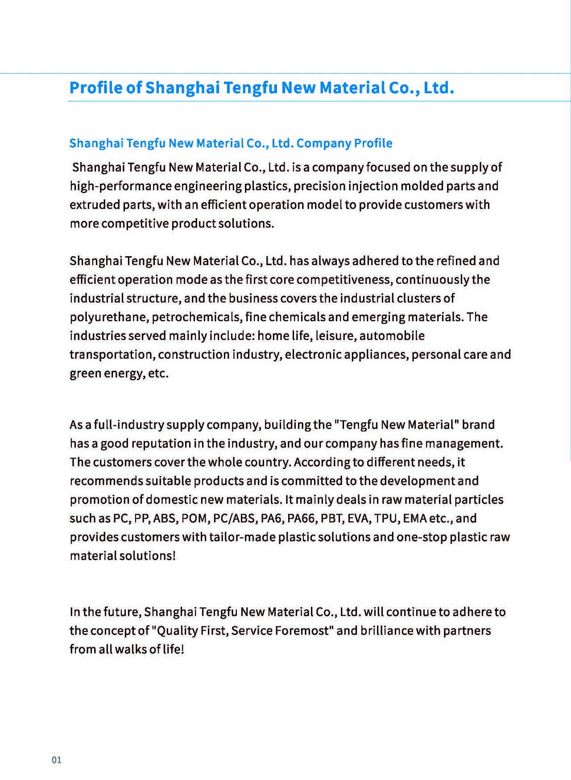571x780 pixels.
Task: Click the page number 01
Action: tap(57, 760)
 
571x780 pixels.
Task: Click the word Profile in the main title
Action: tap(96, 87)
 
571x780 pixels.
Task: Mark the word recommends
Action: tap(106, 481)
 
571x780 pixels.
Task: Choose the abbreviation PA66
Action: tap(301, 519)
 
